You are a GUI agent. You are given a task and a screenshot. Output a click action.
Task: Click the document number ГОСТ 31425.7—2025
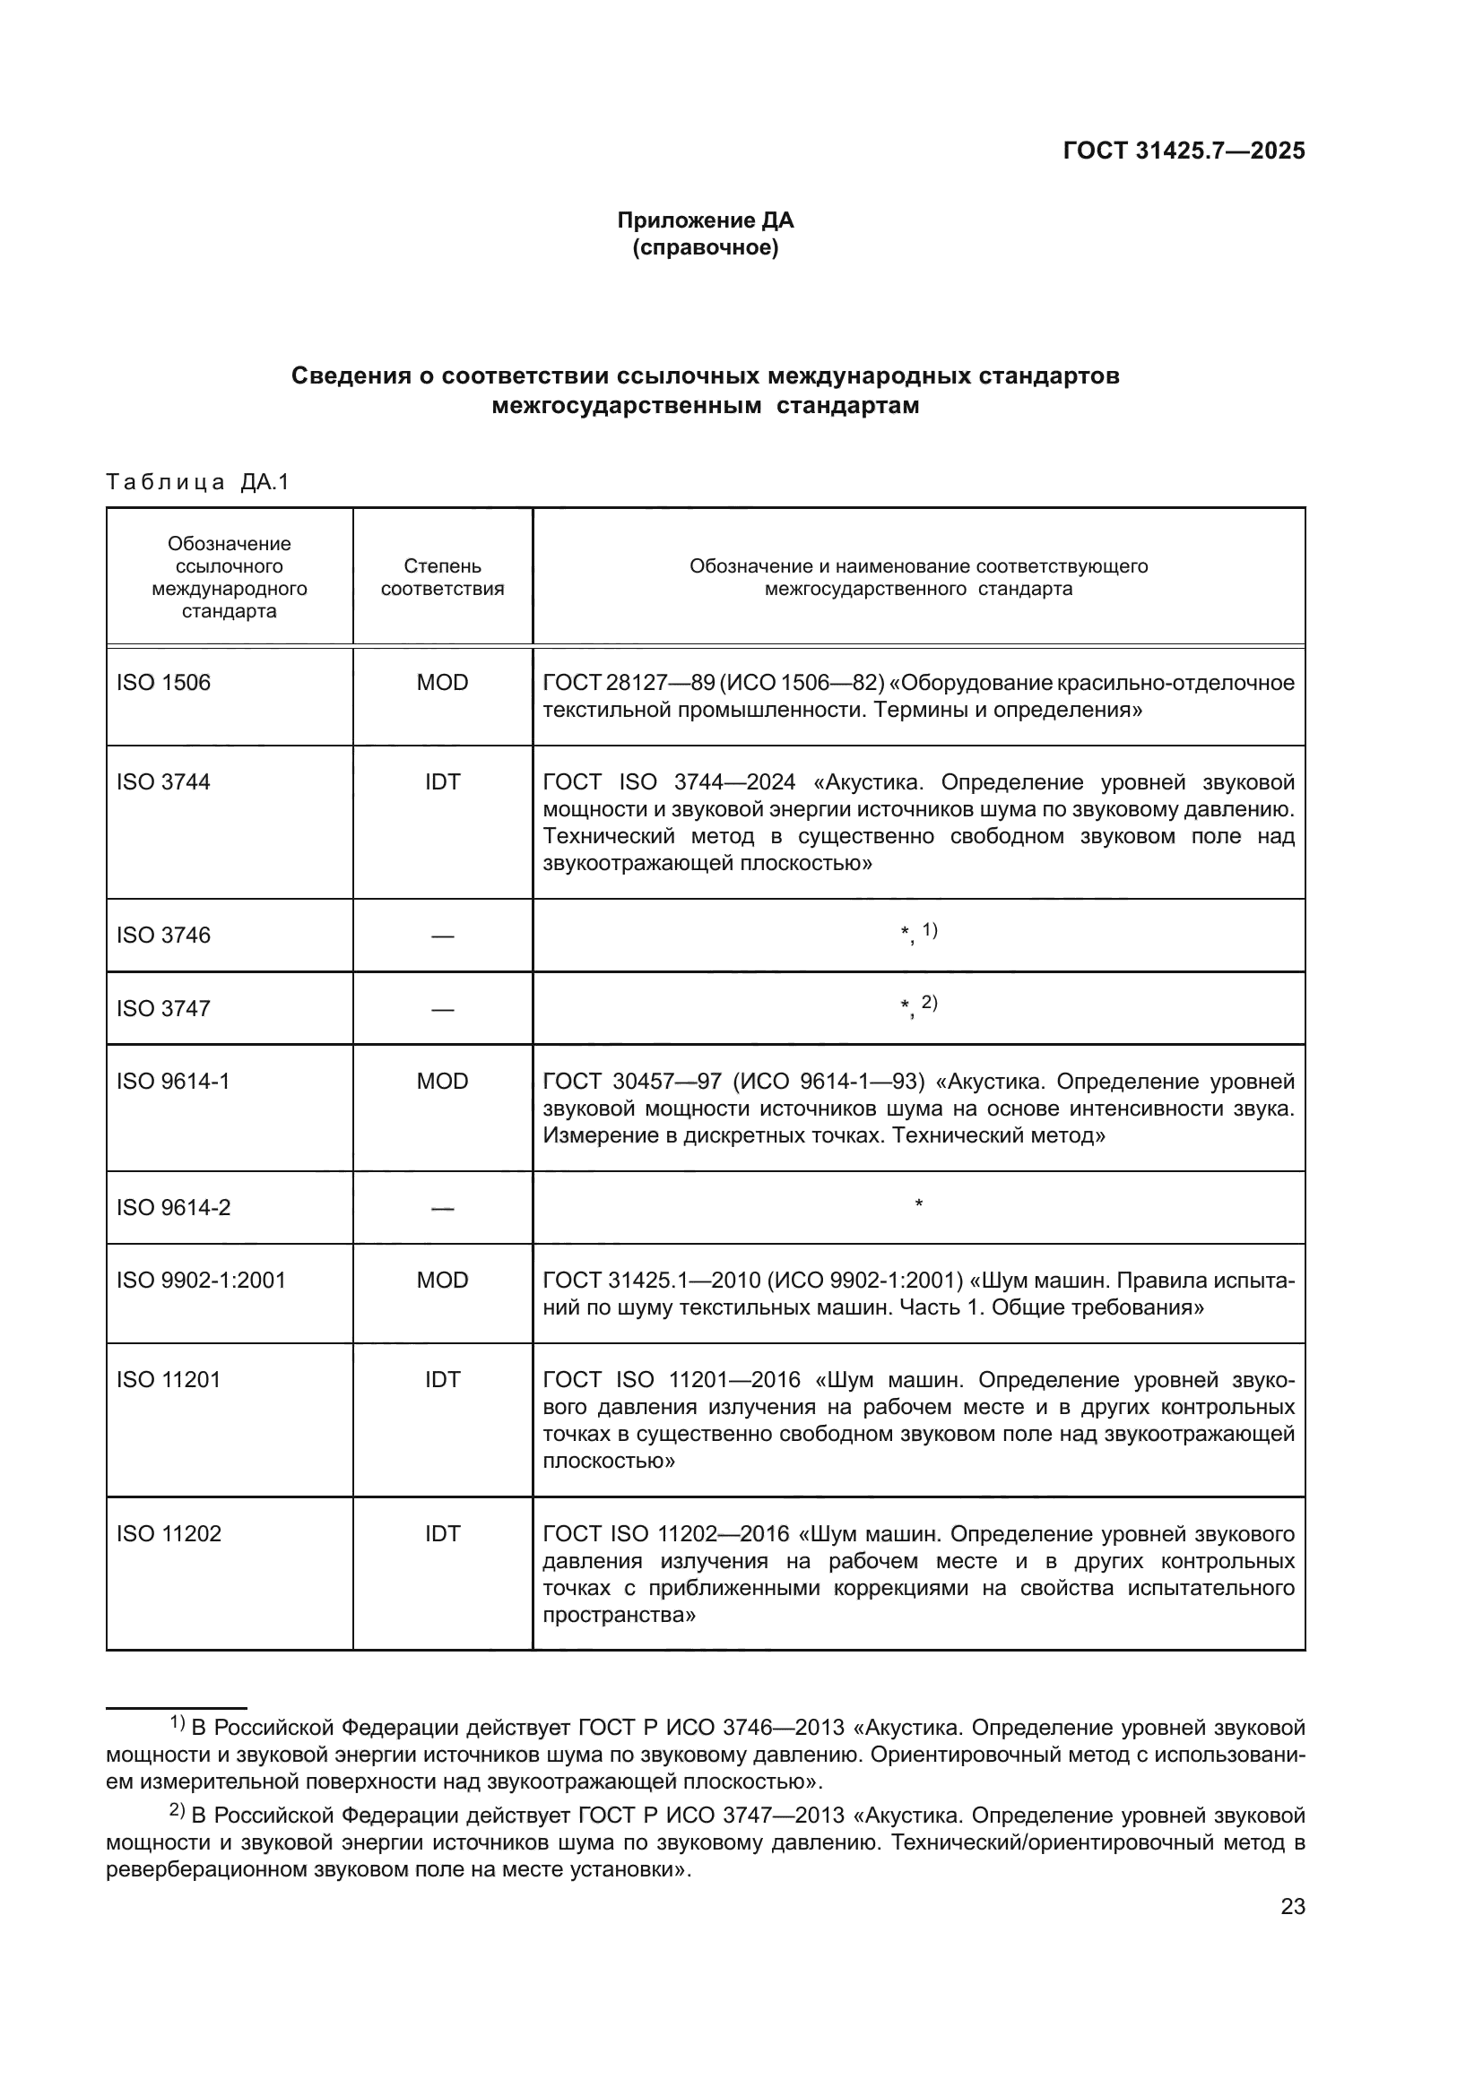(x=1184, y=151)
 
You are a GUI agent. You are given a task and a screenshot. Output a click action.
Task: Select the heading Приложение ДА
(x=705, y=220)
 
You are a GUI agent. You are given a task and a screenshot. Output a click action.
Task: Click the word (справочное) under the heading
(x=705, y=247)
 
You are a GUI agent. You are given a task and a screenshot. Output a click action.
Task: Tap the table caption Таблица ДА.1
(x=197, y=482)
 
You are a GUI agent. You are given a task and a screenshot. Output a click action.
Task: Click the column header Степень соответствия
(x=442, y=577)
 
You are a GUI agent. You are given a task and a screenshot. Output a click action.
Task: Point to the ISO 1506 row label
(x=163, y=683)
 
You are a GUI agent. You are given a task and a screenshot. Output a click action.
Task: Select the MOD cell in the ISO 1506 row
(x=442, y=683)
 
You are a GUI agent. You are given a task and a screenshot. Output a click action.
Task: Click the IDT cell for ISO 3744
(x=442, y=782)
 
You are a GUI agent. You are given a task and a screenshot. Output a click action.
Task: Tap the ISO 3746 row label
(x=163, y=935)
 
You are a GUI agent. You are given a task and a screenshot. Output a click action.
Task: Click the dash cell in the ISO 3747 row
(x=442, y=1009)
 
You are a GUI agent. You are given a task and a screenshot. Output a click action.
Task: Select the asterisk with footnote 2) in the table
(x=919, y=1006)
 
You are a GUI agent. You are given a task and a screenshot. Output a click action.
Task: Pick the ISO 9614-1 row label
(x=174, y=1082)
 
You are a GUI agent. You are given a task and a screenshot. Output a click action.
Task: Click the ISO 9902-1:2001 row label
(x=201, y=1280)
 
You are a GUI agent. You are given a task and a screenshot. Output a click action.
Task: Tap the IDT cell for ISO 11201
(x=442, y=1379)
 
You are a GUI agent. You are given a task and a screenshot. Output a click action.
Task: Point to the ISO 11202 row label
(x=169, y=1533)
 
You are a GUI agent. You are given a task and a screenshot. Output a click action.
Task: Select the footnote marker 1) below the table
(x=178, y=1723)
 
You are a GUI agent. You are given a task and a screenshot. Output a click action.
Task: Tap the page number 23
(x=1292, y=1906)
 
